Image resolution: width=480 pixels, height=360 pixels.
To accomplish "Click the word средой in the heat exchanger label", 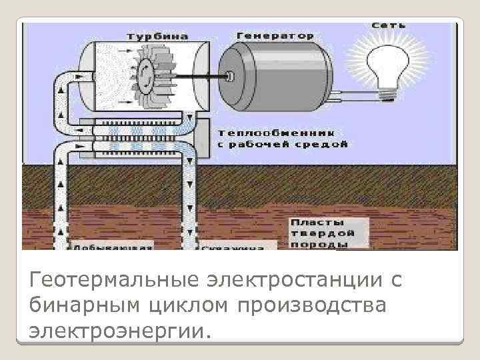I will coord(324,143).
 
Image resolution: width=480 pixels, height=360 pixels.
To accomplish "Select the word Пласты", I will coord(317,222).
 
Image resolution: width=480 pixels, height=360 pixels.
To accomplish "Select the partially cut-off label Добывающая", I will coord(113,246).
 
